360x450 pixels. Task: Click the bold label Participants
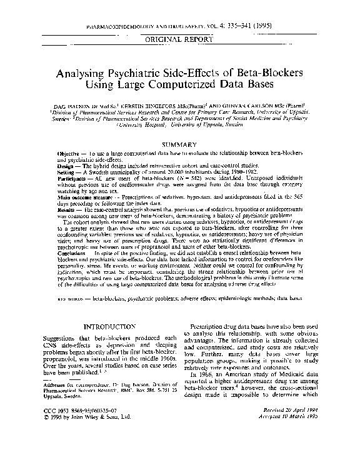pos(74,178)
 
